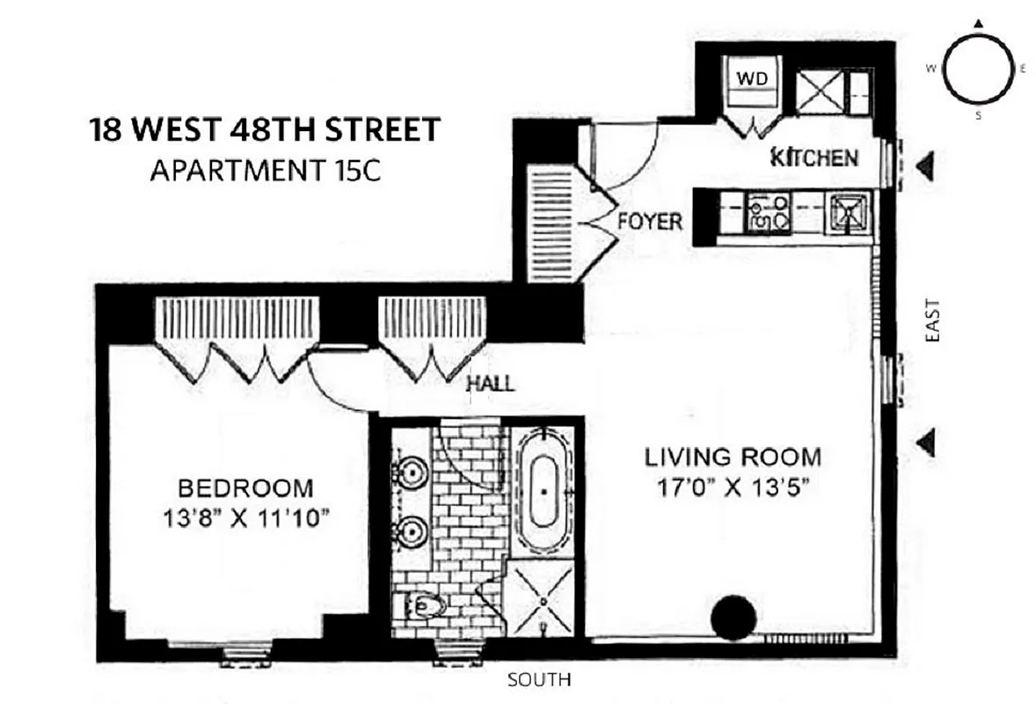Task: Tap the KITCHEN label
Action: coord(813,158)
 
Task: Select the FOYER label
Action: coord(649,221)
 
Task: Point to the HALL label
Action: coord(490,384)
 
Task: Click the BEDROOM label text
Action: coord(245,487)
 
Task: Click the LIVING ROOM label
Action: coord(733,458)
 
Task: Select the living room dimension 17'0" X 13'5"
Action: coord(733,488)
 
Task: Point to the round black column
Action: coord(733,617)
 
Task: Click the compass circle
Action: coord(975,69)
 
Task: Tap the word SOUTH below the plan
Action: coord(540,679)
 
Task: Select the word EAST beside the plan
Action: coord(932,320)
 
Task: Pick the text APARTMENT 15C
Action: coord(265,170)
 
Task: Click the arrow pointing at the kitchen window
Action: coord(924,165)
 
